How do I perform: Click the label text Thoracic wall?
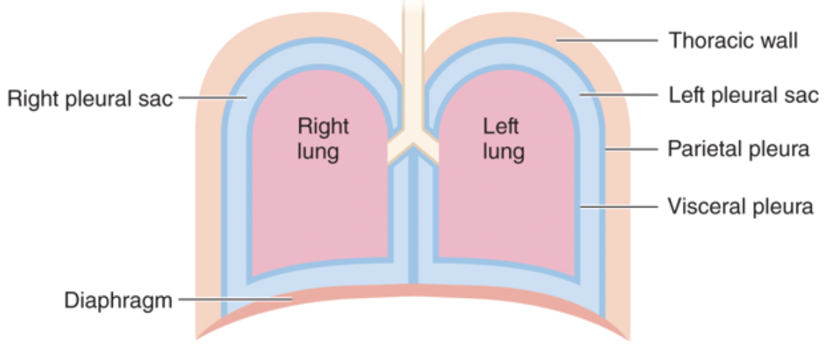[x=733, y=40]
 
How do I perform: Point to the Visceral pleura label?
[x=740, y=206]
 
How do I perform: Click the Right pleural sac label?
[x=90, y=98]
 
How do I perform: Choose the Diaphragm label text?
[x=118, y=300]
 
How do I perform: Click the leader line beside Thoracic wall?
[x=610, y=41]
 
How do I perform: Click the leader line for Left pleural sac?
[x=618, y=94]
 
